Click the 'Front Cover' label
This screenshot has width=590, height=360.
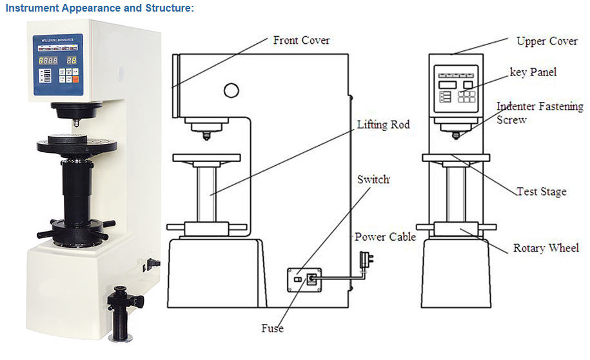pyautogui.click(x=301, y=41)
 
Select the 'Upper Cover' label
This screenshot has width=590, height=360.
pyautogui.click(x=546, y=41)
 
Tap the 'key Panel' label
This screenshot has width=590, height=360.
pyautogui.click(x=533, y=72)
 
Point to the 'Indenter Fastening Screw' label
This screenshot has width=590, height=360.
pyautogui.click(x=539, y=113)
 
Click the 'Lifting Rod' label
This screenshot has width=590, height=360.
pyautogui.click(x=383, y=125)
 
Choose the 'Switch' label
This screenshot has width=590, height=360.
pyautogui.click(x=373, y=179)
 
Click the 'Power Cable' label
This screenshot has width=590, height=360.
pyautogui.click(x=385, y=237)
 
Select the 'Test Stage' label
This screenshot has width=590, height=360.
pyautogui.click(x=541, y=192)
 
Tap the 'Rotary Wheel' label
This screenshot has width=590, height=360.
pyautogui.click(x=546, y=248)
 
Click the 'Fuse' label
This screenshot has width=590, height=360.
pyautogui.click(x=272, y=328)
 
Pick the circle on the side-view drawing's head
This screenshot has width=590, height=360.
pyautogui.click(x=231, y=89)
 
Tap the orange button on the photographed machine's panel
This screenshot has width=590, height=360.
pyautogui.click(x=75, y=80)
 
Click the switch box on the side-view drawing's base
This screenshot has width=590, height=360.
pyautogui.click(x=304, y=279)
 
